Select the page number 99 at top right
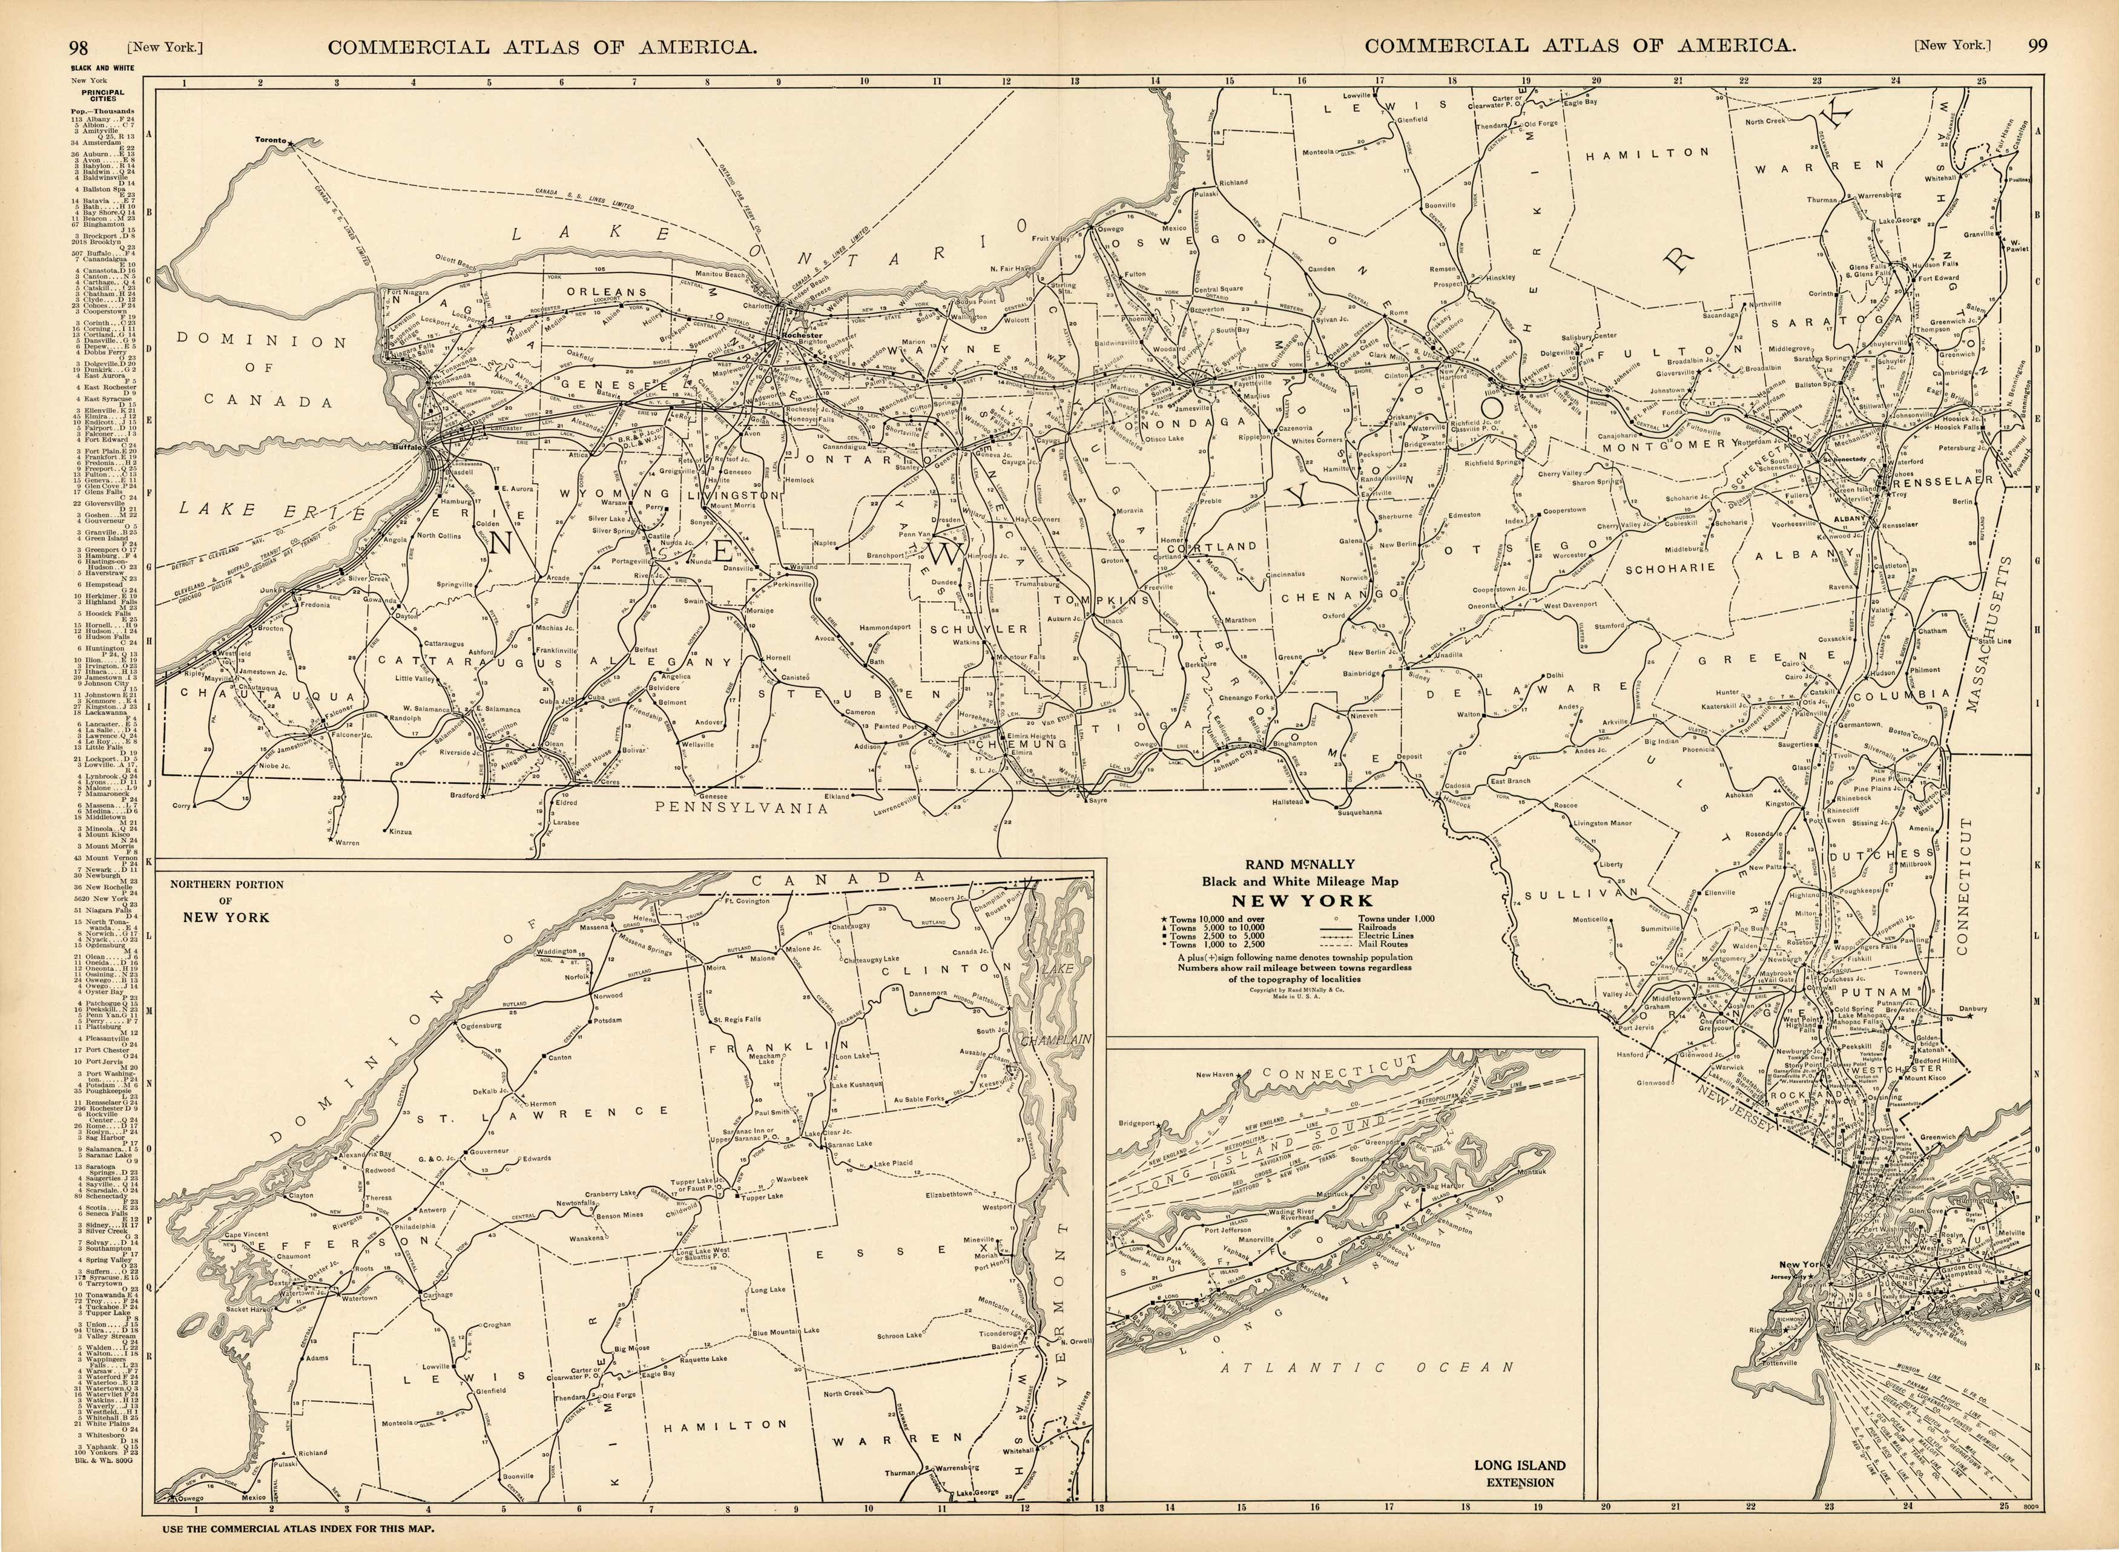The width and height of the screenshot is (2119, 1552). point(2037,44)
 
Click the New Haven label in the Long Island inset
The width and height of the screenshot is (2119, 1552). point(1214,1075)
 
